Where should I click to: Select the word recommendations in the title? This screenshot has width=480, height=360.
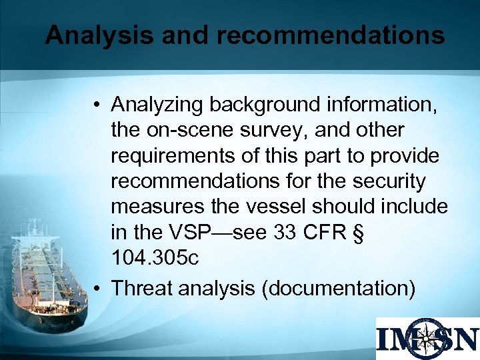click(x=330, y=35)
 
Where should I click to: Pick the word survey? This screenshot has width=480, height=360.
click(x=270, y=130)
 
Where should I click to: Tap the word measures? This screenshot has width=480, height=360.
click(x=155, y=206)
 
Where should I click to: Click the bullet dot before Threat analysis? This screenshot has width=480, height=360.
click(x=98, y=289)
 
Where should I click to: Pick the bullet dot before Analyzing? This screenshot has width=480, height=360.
click(x=98, y=105)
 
